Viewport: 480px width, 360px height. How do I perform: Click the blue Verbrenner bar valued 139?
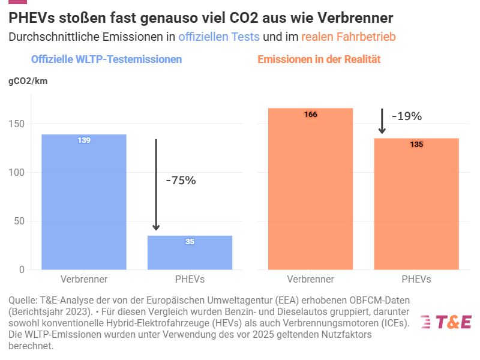click(83, 202)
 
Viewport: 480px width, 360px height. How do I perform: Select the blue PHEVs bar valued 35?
click(190, 253)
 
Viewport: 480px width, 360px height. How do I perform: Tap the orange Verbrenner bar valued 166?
click(310, 189)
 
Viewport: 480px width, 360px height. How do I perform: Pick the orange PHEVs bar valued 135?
click(416, 204)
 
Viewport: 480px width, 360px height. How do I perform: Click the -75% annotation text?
click(181, 180)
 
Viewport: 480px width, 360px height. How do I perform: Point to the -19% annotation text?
click(407, 116)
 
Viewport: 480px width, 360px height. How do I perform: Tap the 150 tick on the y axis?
click(16, 124)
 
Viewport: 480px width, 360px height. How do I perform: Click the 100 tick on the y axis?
click(16, 172)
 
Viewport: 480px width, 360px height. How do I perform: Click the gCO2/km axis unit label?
click(28, 82)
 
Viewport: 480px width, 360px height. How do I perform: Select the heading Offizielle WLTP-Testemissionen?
click(106, 59)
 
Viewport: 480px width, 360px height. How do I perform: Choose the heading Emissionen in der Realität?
click(319, 59)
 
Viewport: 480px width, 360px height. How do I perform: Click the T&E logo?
click(446, 322)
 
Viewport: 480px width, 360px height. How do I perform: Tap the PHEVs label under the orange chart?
click(416, 279)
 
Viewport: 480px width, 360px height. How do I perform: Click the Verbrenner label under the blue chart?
click(83, 279)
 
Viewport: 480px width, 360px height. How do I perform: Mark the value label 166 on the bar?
click(310, 115)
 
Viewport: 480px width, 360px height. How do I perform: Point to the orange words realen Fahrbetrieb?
click(348, 37)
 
